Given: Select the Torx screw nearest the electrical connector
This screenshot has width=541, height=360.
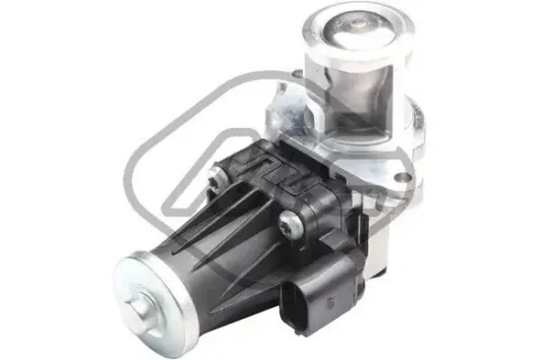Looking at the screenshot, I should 289,224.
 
